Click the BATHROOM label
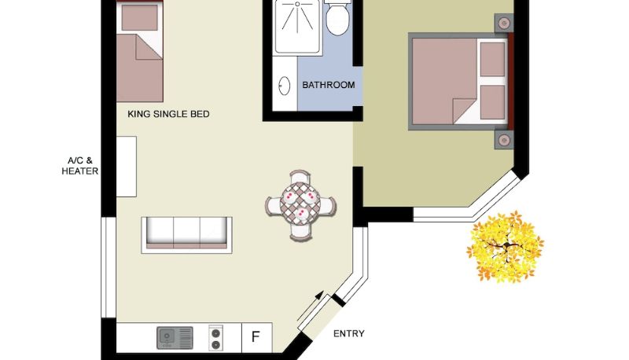coord(328,85)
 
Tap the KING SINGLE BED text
coord(168,114)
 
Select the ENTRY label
coord(349,333)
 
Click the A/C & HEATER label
coord(80,166)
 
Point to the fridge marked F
coord(257,337)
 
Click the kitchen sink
coord(175,337)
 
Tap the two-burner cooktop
coord(215,337)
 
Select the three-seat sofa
coord(186,235)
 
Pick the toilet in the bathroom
coord(338,18)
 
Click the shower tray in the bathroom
coord(297,27)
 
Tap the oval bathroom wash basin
coord(285,86)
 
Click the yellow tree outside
coord(506,246)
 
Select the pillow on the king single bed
coord(140,17)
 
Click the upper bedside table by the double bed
coord(504,24)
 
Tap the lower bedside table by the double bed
coord(504,140)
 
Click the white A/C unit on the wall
coord(127,167)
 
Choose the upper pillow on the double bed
coord(493,59)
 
